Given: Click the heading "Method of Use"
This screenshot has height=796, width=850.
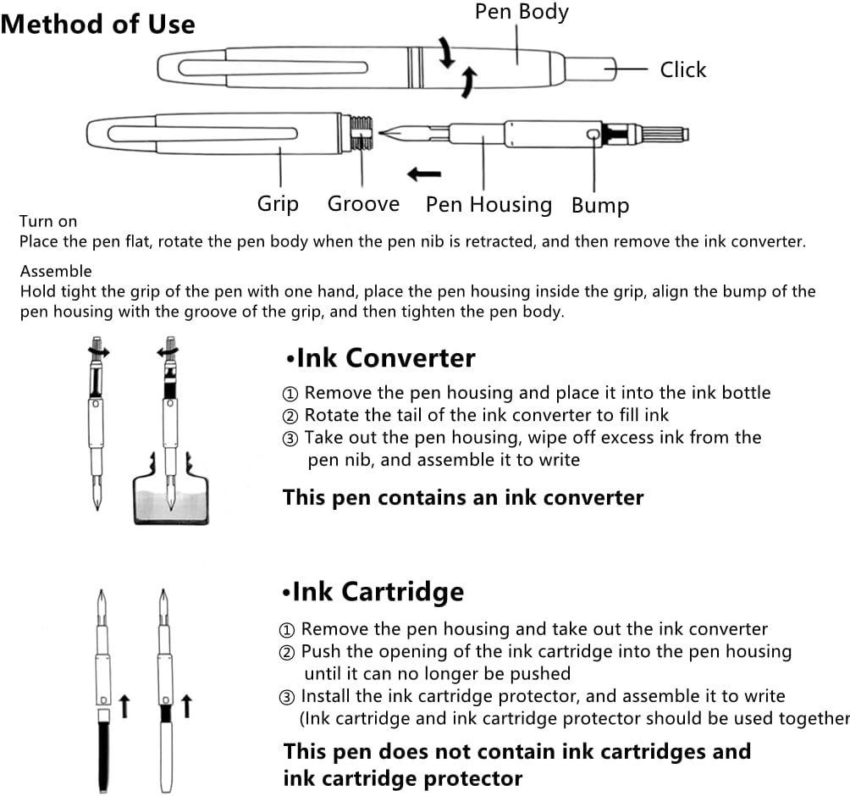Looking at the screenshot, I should (97, 24).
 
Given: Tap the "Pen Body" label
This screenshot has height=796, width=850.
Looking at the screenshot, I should (521, 12).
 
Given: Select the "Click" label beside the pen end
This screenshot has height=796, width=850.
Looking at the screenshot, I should (682, 69).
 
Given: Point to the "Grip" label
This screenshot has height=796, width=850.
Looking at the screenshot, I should (278, 204).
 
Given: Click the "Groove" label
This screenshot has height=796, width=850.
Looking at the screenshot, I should (363, 204).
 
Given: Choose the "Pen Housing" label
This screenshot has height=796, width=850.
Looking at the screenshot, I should (488, 204).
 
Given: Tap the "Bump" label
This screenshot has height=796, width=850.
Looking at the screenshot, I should (599, 205).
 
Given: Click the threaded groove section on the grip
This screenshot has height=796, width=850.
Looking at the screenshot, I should (362, 133).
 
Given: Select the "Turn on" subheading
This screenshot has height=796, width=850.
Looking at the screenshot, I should (48, 222).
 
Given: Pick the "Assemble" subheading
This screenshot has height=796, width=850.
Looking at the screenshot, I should (56, 272).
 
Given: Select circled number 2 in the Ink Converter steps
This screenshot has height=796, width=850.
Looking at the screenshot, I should (290, 416).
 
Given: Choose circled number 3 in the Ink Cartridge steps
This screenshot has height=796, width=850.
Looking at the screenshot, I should (288, 697).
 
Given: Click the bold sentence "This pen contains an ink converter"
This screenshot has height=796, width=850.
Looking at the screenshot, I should (462, 497).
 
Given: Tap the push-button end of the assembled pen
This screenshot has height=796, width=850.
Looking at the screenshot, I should (589, 68).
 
